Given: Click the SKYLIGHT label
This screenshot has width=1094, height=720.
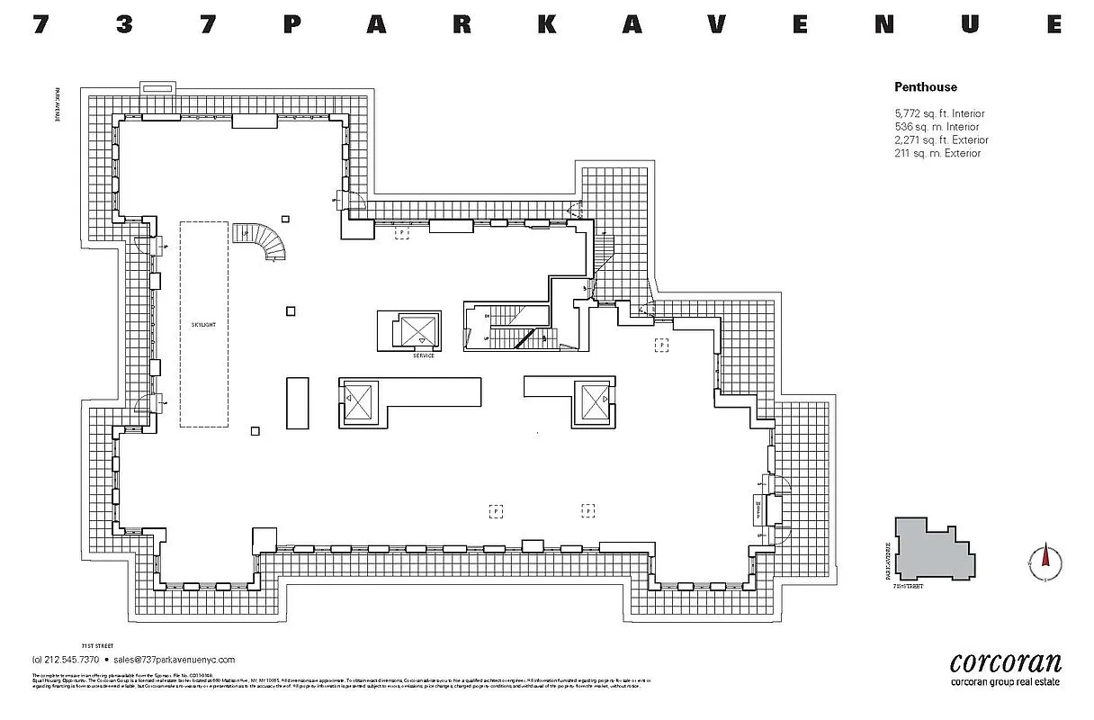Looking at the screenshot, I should point(203,324).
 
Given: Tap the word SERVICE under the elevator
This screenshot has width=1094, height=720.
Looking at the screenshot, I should point(423,355).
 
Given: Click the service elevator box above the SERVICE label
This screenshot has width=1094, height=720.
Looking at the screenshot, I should point(417,330).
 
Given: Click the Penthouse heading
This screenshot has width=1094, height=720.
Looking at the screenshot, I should point(925,87).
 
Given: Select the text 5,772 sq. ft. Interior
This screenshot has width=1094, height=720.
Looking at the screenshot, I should point(938,114).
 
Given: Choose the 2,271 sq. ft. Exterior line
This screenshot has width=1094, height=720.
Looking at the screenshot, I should point(940,140).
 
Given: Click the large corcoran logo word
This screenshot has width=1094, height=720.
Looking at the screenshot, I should point(1006,663).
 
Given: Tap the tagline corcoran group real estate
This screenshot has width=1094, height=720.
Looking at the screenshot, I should point(1006,682).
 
